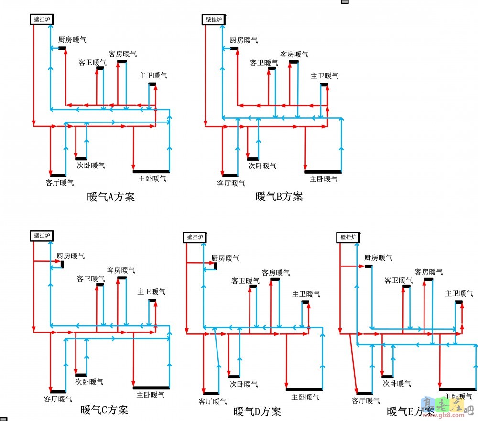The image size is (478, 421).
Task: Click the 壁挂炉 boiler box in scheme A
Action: tap(41, 20)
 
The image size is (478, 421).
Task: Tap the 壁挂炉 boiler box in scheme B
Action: tap(214, 20)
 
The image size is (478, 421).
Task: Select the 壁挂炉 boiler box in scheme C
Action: tap(41, 235)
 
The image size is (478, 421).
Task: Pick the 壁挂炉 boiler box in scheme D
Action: tap(195, 237)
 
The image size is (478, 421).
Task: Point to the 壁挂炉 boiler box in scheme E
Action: tap(348, 237)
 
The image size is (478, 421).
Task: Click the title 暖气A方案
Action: tap(111, 197)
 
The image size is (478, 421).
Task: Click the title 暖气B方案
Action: tap(279, 197)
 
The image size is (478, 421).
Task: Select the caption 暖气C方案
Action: tap(104, 410)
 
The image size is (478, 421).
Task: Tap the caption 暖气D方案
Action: tap(257, 411)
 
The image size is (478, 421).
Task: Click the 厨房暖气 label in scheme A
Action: tap(73, 40)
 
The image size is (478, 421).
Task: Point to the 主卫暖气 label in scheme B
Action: tap(325, 76)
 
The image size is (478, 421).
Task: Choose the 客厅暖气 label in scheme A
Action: tap(60, 182)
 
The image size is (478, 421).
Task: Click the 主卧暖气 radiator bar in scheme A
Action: tap(151, 171)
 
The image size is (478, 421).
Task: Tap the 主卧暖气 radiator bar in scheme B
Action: tap(323, 171)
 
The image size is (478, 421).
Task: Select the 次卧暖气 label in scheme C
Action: tap(89, 382)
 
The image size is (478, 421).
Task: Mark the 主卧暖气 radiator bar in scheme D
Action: tap(304, 389)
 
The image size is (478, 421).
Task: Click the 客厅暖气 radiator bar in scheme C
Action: tap(58, 391)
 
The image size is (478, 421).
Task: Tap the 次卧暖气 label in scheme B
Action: tap(262, 166)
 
